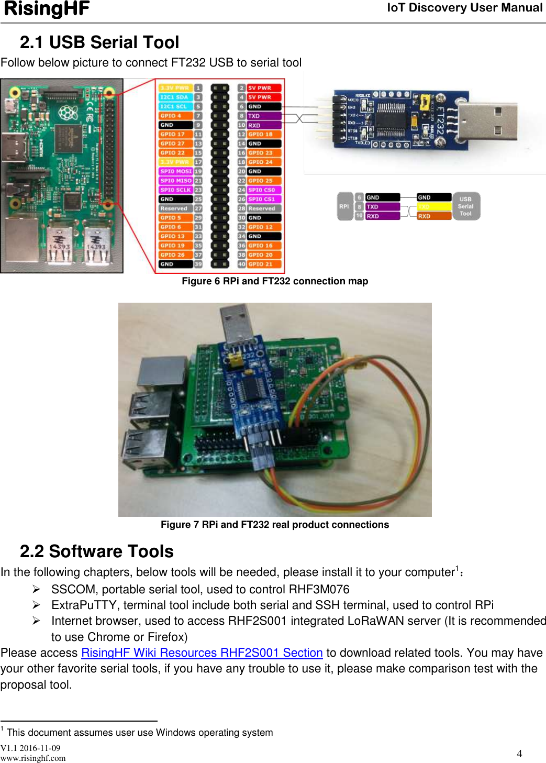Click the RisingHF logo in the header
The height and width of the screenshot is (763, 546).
[47, 9]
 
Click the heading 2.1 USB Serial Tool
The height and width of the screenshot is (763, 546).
[99, 42]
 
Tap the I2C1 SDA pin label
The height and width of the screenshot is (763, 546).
[175, 97]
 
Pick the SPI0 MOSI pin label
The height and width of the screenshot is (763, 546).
[175, 171]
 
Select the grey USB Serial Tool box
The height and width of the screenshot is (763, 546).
[465, 206]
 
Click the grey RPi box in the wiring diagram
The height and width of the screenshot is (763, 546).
[344, 206]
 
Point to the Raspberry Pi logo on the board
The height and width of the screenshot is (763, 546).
[68, 112]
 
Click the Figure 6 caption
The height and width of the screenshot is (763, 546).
[275, 281]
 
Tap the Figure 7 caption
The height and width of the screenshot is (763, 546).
[275, 525]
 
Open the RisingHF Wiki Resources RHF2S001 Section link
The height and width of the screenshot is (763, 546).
[202, 653]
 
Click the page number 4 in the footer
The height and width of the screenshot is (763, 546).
[519, 754]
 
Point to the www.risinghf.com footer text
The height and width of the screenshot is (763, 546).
[33, 758]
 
